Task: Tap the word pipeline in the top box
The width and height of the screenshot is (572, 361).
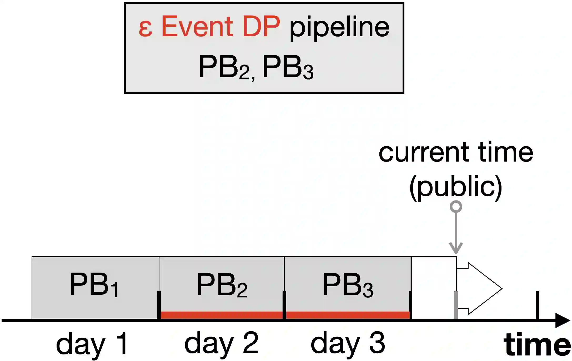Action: [339, 27]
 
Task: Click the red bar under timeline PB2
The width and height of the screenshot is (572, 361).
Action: [222, 315]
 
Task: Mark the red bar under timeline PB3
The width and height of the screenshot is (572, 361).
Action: [348, 315]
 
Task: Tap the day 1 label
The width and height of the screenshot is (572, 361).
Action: [92, 343]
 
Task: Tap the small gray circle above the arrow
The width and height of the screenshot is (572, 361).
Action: [456, 207]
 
